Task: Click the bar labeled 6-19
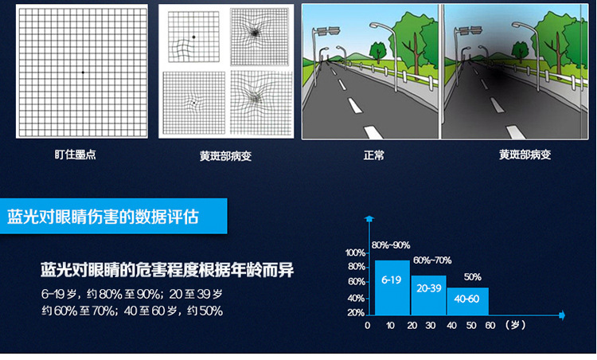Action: pos(392,288)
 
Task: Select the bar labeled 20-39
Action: pos(428,295)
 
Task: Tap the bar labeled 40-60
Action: pos(467,301)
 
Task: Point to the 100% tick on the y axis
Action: pos(355,252)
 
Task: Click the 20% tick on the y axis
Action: pos(356,313)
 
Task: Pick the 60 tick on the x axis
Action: pos(490,325)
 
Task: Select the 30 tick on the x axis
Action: pos(430,325)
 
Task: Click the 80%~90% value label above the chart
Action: pos(391,245)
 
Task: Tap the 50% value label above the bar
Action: pos(473,277)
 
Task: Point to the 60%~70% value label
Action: pos(432,260)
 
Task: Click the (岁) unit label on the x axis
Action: pos(516,325)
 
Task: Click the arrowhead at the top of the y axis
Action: pos(369,219)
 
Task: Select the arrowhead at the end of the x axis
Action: pos(562,315)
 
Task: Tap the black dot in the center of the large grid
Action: pos(83,72)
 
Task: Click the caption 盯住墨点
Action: pos(76,155)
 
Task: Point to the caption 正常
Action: pos(373,155)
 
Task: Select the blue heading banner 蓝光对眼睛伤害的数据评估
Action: pos(114,216)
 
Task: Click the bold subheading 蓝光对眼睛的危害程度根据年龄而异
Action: pos(167,270)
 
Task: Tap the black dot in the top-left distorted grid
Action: pos(193,37)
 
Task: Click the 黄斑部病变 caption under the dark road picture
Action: pos(525,155)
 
